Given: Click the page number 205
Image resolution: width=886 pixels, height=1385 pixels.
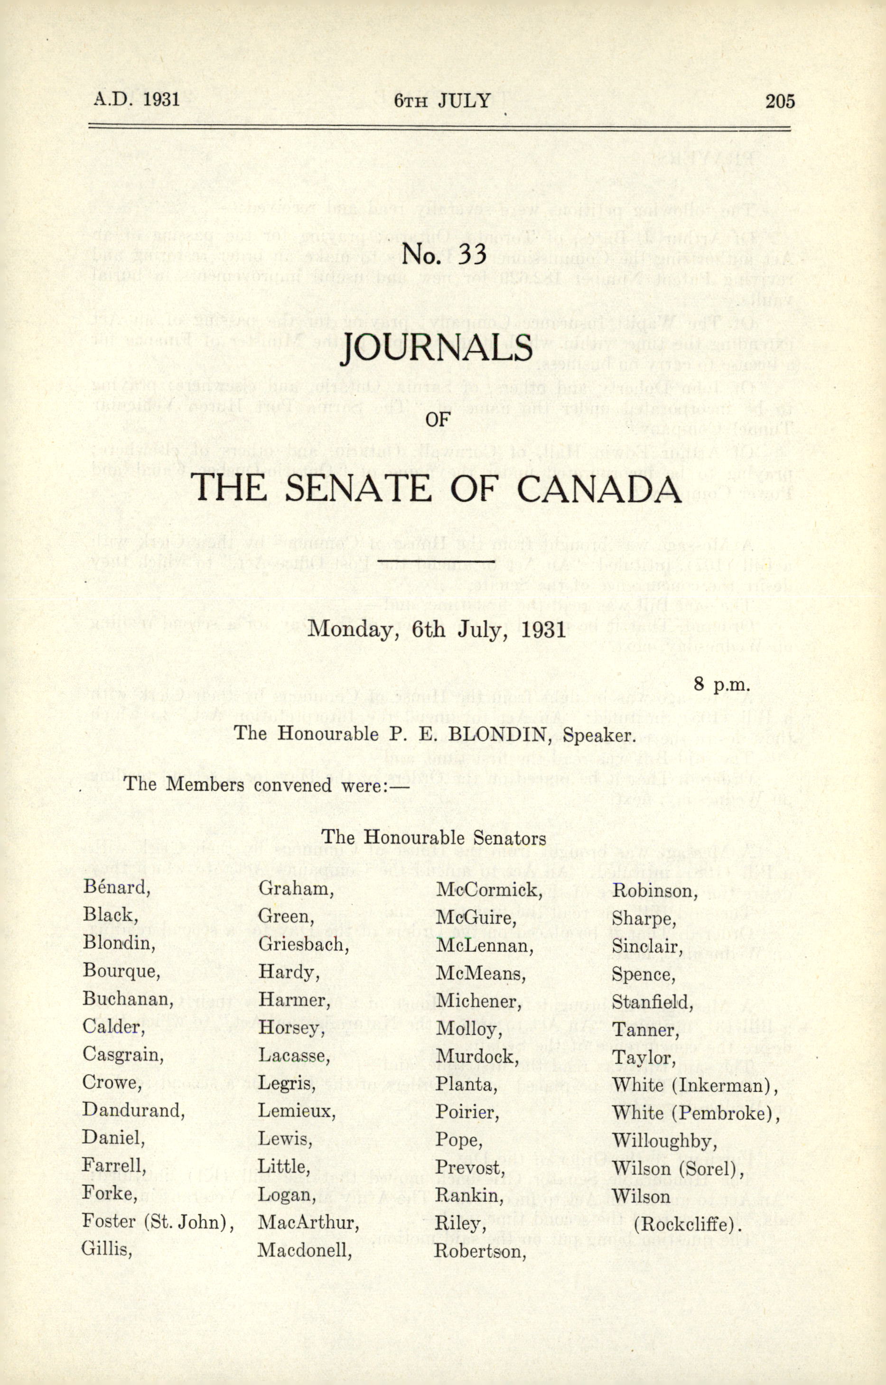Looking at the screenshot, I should point(780,101).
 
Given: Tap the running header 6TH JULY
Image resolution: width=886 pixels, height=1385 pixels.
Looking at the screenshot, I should point(442,101).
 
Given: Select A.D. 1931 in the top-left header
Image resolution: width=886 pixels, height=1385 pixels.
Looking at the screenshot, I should point(137,100).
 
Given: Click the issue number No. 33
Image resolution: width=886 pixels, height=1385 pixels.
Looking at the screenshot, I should point(444,254).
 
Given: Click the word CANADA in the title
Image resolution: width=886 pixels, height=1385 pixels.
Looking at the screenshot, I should point(598,489).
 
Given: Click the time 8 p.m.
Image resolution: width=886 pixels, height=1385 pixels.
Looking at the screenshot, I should point(722,684).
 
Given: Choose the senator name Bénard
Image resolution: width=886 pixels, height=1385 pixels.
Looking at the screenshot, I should point(116,887).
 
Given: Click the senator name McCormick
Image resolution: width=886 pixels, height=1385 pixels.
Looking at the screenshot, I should point(489,890).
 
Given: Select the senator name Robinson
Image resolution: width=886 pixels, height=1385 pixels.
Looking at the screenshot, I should point(654,891).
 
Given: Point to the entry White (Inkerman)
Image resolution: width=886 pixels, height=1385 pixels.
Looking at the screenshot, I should point(694,1085).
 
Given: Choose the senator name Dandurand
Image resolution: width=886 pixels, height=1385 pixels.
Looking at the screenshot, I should point(133,1109).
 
